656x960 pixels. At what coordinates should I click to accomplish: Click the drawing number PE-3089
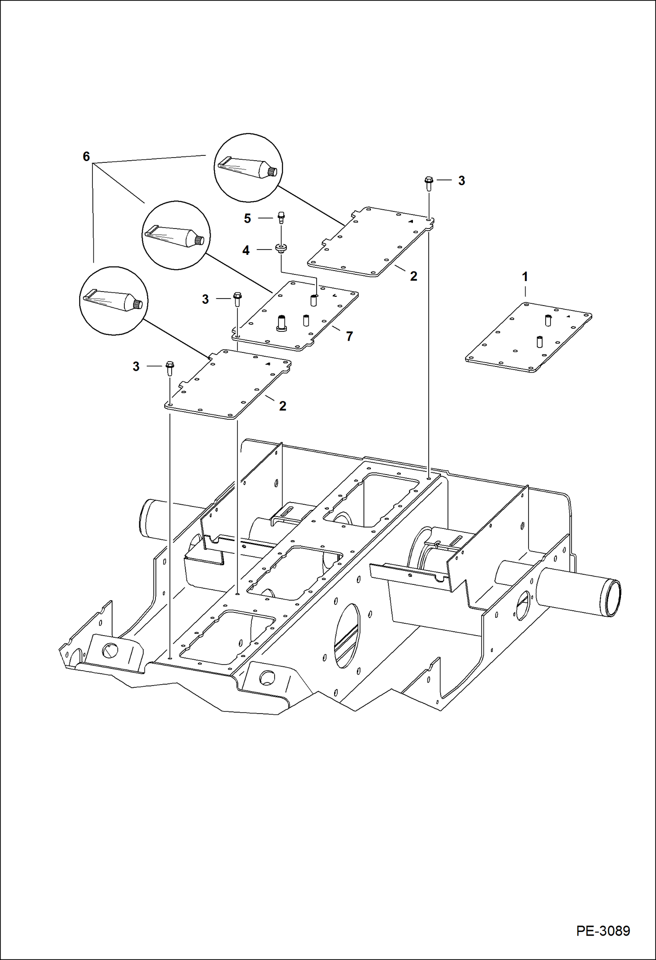click(603, 931)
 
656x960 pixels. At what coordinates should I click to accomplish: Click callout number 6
click(86, 156)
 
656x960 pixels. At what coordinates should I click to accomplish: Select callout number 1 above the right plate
click(525, 276)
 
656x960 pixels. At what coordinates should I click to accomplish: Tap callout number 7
click(349, 336)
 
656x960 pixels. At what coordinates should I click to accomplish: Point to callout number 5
click(247, 218)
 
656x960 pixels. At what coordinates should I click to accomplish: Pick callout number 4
click(246, 250)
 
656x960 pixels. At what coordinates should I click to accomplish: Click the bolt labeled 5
click(281, 217)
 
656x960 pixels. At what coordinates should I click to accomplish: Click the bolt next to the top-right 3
click(429, 183)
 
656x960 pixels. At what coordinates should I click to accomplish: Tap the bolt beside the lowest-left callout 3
click(169, 368)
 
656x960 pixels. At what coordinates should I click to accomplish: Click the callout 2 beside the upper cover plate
click(413, 276)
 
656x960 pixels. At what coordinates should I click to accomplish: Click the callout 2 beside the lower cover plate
click(282, 406)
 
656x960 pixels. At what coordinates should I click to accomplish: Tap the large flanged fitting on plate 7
click(281, 323)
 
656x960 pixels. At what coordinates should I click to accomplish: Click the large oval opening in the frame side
click(347, 635)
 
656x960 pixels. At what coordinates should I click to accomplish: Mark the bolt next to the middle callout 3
click(237, 299)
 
